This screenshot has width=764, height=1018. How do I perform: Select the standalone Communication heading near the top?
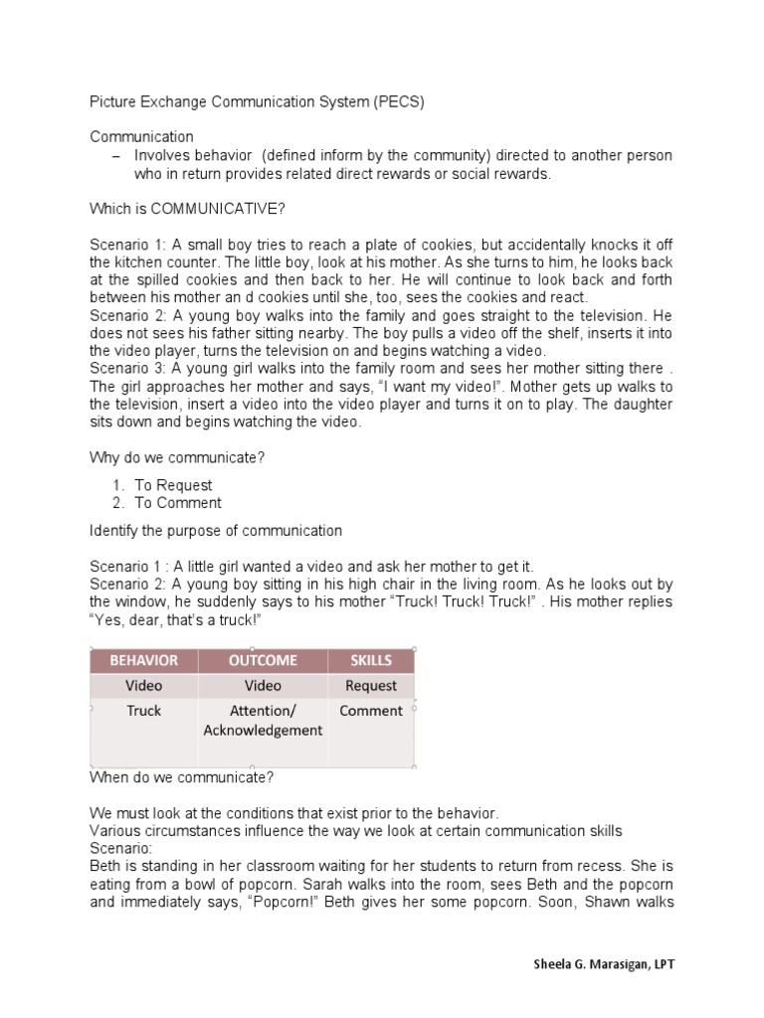[141, 136]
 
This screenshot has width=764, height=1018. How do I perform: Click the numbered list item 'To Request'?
[173, 485]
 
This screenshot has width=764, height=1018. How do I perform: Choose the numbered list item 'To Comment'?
[178, 502]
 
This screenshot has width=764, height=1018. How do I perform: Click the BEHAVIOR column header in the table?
[144, 660]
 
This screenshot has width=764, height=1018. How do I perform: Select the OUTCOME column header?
[263, 660]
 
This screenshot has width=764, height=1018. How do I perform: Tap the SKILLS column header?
[371, 660]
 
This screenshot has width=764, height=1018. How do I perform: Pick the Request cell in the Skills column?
[371, 686]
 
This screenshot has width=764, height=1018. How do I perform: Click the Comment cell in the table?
[371, 711]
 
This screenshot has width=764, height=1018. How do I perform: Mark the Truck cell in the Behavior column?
[144, 711]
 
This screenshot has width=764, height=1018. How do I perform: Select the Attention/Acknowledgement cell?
[263, 721]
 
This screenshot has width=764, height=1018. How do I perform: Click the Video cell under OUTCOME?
[263, 686]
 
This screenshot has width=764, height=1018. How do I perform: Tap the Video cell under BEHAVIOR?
[144, 686]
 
